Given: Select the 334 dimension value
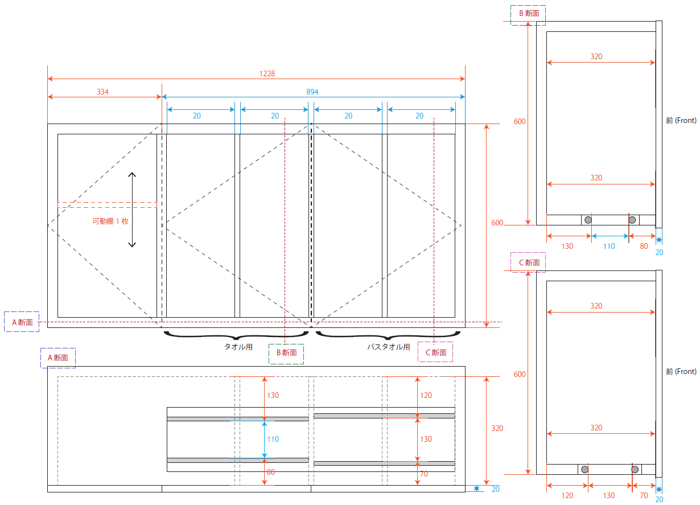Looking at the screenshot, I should (x=103, y=92).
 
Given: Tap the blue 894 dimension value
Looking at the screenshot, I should (x=312, y=92).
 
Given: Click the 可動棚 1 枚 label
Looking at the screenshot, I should (x=110, y=221).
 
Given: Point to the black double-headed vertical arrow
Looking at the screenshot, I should (x=132, y=210).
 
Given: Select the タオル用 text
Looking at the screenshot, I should (x=238, y=347).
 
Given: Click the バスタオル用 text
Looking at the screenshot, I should (x=388, y=347).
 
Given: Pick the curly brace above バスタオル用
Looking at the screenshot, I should (x=388, y=335).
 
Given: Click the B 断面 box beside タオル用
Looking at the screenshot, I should (x=286, y=353).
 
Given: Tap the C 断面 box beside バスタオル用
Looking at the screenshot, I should (x=435, y=353).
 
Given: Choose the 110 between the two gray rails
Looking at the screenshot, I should (x=273, y=440).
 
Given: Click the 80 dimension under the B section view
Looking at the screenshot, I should (x=644, y=247).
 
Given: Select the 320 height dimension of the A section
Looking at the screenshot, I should (x=497, y=428).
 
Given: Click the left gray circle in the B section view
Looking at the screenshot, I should (x=588, y=220).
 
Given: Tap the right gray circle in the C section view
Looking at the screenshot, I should (x=636, y=469).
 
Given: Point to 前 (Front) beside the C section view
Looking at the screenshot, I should (x=681, y=372).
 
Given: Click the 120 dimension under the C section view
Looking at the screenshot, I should (x=567, y=496).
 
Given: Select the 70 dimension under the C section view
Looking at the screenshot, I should (x=644, y=496).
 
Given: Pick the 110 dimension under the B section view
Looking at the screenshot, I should (x=609, y=247).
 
